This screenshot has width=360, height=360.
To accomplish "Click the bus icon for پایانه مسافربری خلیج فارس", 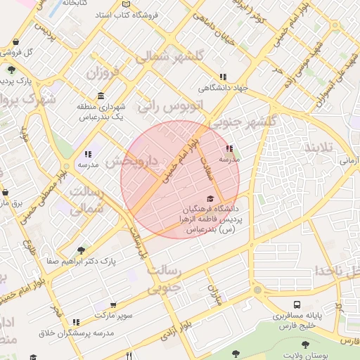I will tap(297, 304).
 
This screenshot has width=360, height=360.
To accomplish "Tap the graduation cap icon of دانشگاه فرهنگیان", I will tap(209, 198).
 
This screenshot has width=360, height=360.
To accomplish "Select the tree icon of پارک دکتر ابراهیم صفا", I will tap(82, 250).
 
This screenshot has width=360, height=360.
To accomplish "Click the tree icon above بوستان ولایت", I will tap(304, 345).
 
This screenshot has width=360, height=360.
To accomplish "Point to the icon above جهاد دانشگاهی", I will tap(223, 77).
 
